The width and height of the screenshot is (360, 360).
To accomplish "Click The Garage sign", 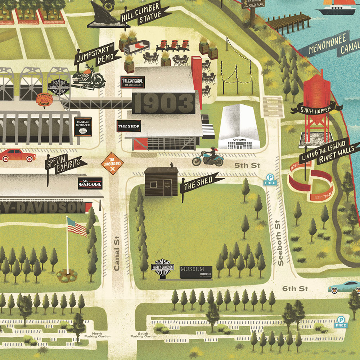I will click(90, 184).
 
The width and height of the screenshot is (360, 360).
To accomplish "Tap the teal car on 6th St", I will click(344, 287).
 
